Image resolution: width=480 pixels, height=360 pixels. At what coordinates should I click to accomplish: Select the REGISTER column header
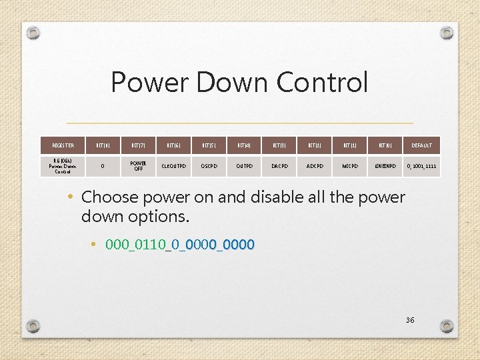click(x=63, y=145)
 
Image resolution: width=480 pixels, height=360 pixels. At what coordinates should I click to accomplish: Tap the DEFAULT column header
click(x=421, y=145)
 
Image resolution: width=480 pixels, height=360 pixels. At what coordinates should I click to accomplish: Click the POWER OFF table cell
click(x=139, y=165)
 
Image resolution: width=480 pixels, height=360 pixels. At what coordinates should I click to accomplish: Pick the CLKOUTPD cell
click(x=175, y=166)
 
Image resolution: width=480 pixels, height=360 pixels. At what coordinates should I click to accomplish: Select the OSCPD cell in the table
click(x=211, y=166)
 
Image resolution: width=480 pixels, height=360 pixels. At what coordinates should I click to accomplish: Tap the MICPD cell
click(x=350, y=166)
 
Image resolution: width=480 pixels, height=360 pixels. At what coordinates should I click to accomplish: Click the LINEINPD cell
click(x=385, y=166)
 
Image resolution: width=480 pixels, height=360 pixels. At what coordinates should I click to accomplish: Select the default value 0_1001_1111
click(x=421, y=166)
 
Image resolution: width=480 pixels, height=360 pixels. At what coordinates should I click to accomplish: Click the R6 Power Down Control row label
click(x=63, y=166)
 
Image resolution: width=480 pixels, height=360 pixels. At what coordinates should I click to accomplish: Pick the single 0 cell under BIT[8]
click(x=103, y=166)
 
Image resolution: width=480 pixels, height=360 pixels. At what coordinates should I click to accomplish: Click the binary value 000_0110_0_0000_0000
click(x=180, y=245)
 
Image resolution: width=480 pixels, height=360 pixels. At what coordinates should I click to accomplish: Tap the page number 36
click(x=410, y=320)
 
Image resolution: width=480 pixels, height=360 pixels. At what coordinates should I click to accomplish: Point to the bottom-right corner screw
click(x=447, y=327)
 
